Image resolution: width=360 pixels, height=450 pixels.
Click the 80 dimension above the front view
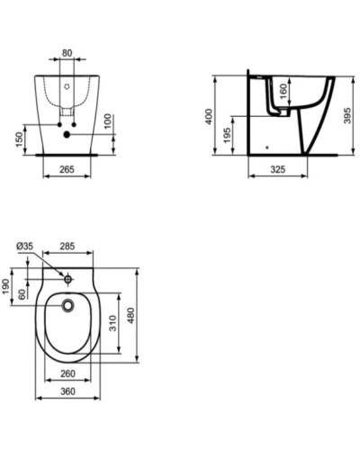click(67, 52)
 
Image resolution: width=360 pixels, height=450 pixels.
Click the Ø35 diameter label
click(25, 245)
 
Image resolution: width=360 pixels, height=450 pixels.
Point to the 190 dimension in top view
click(6, 285)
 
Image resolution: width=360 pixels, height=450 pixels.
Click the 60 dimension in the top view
click(21, 293)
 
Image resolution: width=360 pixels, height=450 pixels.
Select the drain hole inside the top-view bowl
click(67, 306)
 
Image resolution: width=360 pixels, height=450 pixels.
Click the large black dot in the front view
click(67, 135)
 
